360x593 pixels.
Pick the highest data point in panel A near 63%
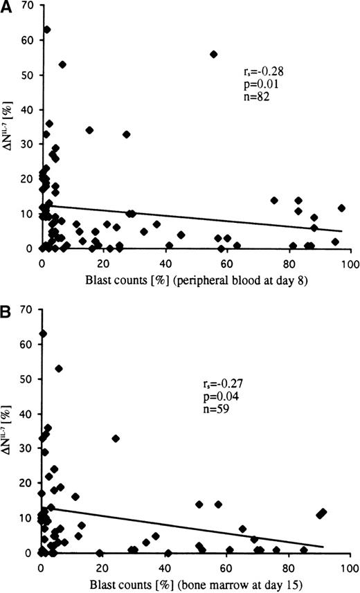coord(47,30)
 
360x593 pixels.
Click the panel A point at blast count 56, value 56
coord(214,54)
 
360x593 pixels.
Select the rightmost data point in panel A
coord(341,208)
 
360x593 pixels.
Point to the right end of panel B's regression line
coord(323,547)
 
